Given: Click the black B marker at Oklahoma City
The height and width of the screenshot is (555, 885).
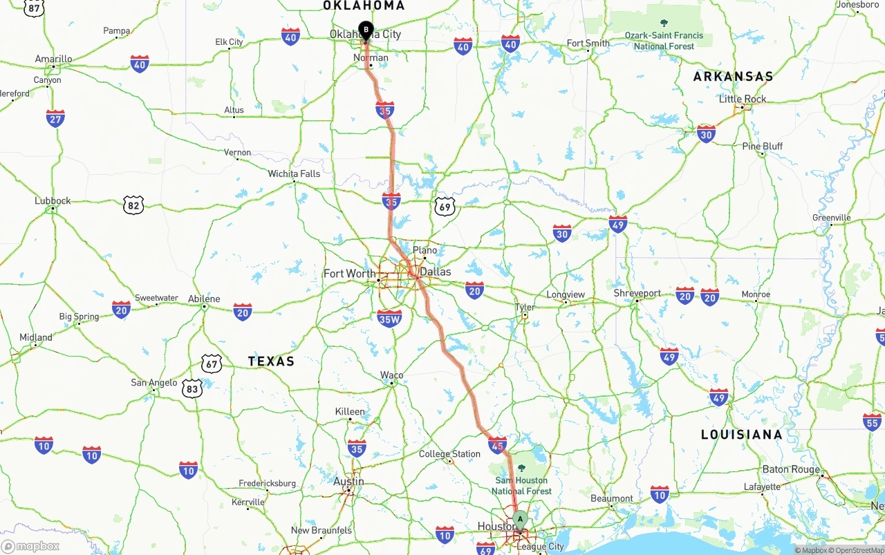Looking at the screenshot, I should point(366,30).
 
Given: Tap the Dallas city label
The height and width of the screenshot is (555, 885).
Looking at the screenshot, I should point(436,272).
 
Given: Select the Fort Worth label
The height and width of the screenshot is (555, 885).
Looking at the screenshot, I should point(349,274).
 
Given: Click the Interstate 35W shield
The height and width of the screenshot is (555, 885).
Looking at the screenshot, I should point(389,318).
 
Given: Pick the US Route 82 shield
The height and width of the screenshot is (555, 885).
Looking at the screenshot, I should point(133,205).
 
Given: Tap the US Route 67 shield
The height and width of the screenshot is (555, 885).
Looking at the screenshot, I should point(212,363).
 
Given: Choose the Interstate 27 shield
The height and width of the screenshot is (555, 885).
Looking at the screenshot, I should point(56,118).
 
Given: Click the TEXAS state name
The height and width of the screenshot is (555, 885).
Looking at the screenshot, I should point(271,361).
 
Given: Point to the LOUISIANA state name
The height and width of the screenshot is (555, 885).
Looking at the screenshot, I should point(742,434).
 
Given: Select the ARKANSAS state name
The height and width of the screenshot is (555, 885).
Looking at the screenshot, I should point(733,76).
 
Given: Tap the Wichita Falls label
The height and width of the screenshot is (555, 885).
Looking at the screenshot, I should point(294,173).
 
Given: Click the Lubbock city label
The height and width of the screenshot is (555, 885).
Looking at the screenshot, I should point(53,201).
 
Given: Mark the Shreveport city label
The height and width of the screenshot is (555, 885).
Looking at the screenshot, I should point(637,293).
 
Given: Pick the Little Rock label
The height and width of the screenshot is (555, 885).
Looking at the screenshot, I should point(743,99).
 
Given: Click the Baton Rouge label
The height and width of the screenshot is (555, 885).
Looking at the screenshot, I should point(790,469).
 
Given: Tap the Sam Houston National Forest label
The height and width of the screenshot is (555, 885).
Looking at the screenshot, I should point(521,485).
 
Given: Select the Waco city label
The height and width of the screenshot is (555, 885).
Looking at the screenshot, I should point(391,375).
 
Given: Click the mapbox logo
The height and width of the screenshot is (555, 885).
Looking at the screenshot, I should point(30,546).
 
